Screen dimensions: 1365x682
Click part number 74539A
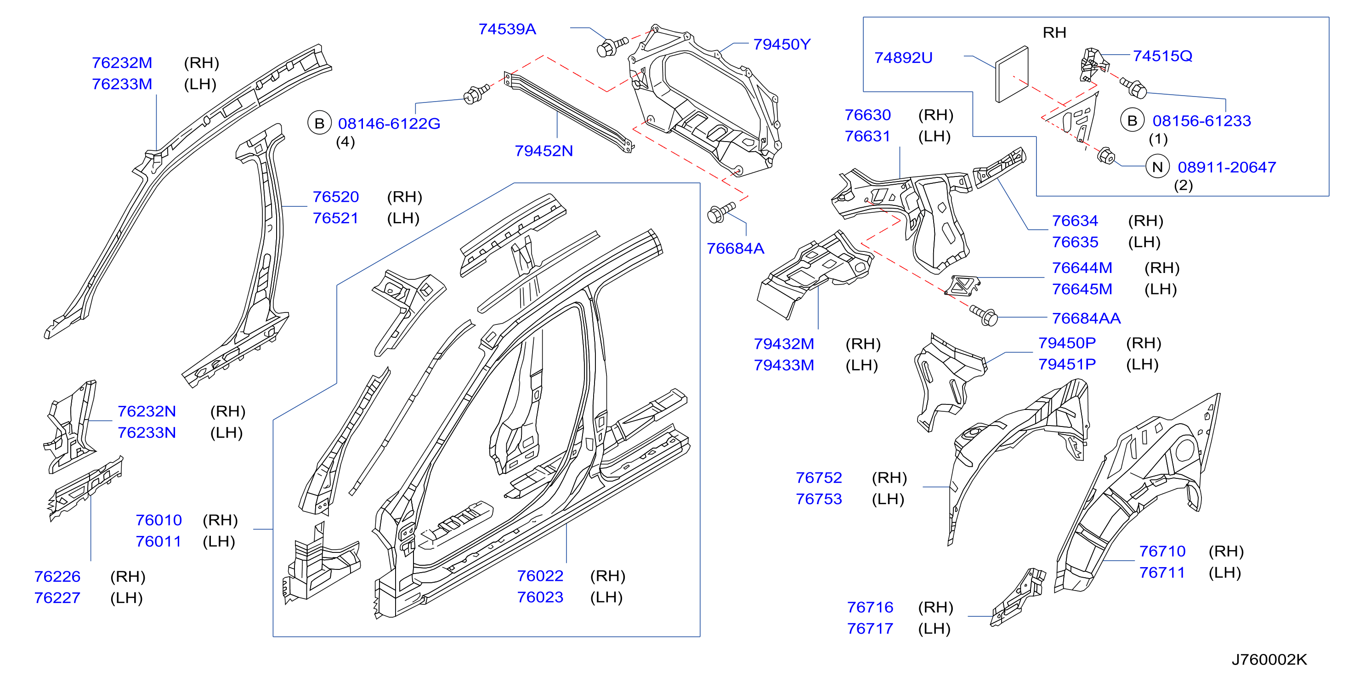coord(507,29)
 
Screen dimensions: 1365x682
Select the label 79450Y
coord(782,45)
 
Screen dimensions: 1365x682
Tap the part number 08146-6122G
coord(389,124)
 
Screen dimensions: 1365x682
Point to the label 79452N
coord(544,151)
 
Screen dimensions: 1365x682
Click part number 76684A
coord(736,249)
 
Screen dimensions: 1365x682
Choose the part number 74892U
coord(903,58)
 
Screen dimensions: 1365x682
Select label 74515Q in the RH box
coord(1162,56)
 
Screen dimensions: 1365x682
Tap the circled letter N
coord(1157,167)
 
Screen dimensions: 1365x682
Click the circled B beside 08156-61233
coord(1133,121)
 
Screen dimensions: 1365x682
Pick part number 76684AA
coord(1086,318)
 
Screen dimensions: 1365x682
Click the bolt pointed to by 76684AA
coord(984,315)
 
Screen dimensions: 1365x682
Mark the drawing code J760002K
coord(1269,660)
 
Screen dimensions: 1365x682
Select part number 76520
coord(335,197)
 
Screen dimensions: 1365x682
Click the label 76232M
coord(122,63)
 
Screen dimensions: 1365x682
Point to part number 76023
coord(540,597)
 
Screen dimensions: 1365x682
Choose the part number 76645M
coord(1082,290)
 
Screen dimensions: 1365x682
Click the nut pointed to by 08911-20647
coord(1106,156)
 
